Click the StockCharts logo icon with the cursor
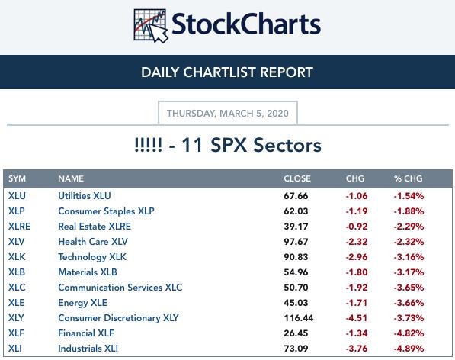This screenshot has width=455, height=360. pyautogui.click(x=151, y=26)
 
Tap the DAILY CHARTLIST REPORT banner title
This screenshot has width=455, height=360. pyautogui.click(x=227, y=72)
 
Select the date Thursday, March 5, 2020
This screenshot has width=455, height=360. pyautogui.click(x=228, y=113)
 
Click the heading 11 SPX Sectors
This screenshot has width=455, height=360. pyautogui.click(x=228, y=145)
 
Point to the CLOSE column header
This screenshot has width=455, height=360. pyautogui.click(x=297, y=178)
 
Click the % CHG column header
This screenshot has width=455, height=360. pyautogui.click(x=409, y=178)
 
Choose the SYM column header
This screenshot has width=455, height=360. pyautogui.click(x=17, y=178)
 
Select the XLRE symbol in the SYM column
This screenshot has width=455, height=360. pyautogui.click(x=20, y=227)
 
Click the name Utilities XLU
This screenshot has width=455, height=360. pyautogui.click(x=85, y=196)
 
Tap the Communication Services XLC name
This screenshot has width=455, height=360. pyautogui.click(x=120, y=288)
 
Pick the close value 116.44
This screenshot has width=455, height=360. pyautogui.click(x=299, y=318)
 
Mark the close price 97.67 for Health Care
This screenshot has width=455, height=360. pyautogui.click(x=296, y=242)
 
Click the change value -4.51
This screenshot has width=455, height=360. pyautogui.click(x=357, y=318)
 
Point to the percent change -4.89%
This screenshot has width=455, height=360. pyautogui.click(x=409, y=349)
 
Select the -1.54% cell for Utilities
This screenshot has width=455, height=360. pyautogui.click(x=409, y=196)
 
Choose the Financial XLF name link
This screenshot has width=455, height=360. pyautogui.click(x=86, y=333)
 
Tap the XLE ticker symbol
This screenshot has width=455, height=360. pyautogui.click(x=17, y=303)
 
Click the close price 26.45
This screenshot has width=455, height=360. pyautogui.click(x=296, y=333)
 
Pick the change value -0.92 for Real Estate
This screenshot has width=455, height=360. pyautogui.click(x=357, y=227)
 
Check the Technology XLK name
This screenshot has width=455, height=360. pyautogui.click(x=92, y=257)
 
